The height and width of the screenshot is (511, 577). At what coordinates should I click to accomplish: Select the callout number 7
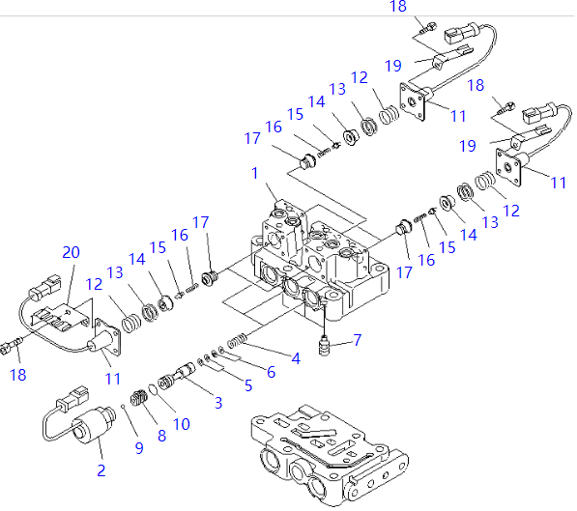[358, 341]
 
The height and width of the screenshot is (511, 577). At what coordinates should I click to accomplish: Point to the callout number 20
[71, 252]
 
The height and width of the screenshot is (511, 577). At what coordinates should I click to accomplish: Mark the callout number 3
[217, 401]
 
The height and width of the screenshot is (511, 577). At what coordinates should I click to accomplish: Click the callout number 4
[295, 359]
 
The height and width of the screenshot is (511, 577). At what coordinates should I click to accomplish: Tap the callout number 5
[248, 385]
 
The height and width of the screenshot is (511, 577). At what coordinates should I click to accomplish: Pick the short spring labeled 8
[139, 397]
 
